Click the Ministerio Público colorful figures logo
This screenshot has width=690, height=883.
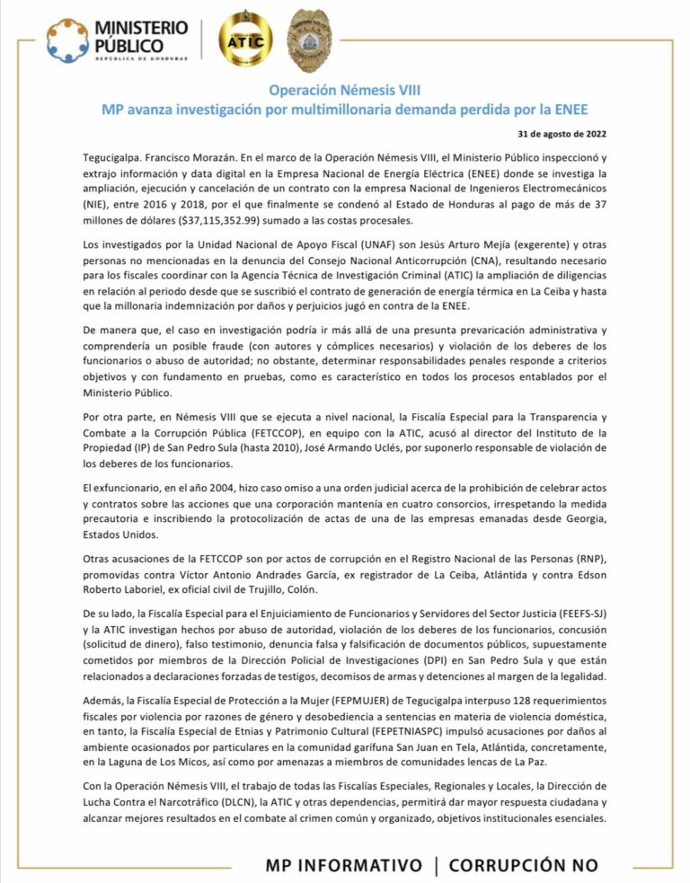tap(70, 40)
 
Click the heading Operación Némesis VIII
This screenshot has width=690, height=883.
tap(344, 91)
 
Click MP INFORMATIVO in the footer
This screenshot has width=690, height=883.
tap(343, 865)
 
